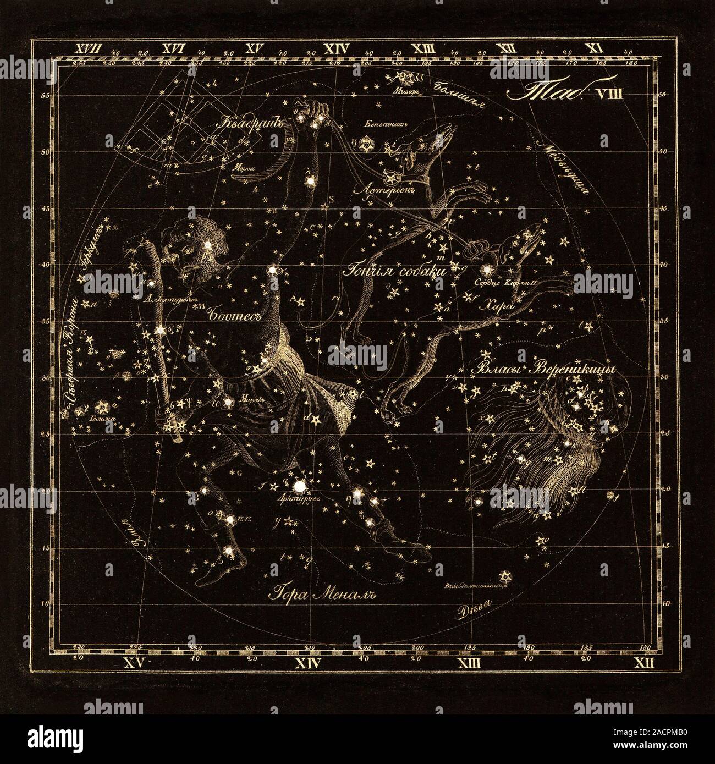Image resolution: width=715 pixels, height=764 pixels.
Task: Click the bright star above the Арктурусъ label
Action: click(x=300, y=486)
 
